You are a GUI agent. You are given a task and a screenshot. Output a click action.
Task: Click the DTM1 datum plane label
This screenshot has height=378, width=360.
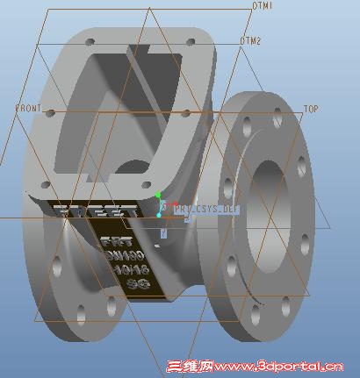[262, 6]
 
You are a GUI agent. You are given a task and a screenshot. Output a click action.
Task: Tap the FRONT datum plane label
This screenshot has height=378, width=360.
[28, 107]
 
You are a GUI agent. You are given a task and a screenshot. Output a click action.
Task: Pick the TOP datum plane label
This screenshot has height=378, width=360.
[310, 109]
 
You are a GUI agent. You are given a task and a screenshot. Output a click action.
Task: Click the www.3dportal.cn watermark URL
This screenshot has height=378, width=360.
[277, 367]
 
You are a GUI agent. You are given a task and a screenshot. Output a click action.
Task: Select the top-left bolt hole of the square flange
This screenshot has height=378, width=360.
[89, 41]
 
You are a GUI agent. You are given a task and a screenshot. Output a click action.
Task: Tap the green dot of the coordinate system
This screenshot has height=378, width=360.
[158, 196]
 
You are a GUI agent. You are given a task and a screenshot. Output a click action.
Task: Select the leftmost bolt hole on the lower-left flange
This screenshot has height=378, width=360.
[57, 261]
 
